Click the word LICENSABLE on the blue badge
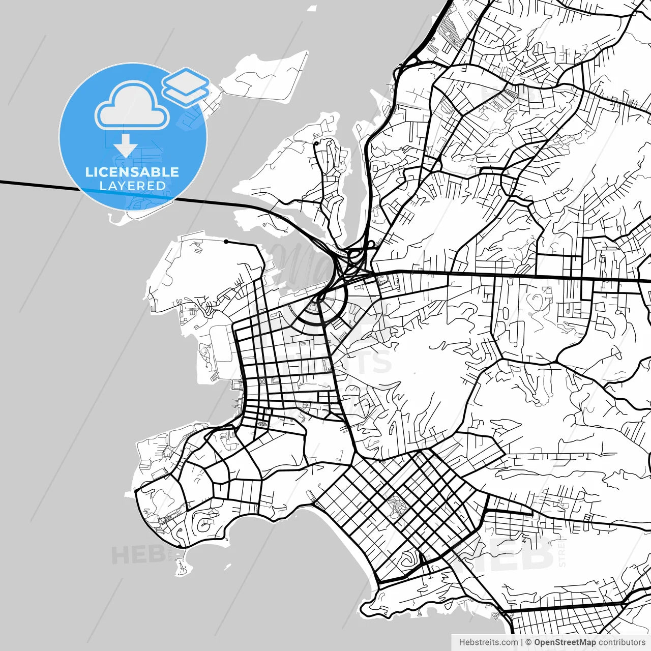[132, 172]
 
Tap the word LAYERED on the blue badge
[132, 186]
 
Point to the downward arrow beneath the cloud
[126, 146]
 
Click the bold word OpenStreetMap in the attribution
[565, 642]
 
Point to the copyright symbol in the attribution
[528, 642]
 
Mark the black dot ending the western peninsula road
[226, 241]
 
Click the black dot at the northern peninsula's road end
[316, 144]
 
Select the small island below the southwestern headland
[180, 566]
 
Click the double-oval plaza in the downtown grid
[262, 423]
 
